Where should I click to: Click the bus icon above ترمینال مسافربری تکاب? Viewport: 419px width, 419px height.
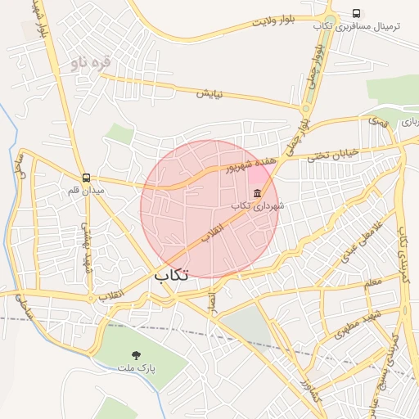[x=356, y=13]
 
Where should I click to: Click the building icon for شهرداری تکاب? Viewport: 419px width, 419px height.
[x=258, y=194]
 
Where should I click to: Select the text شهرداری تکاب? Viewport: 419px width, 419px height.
[x=258, y=206]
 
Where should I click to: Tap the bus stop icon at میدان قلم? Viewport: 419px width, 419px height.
[x=86, y=178]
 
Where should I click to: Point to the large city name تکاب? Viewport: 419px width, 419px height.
[x=171, y=276]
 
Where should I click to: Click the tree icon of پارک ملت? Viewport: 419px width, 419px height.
[x=136, y=355]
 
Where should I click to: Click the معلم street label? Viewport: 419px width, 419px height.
[x=372, y=282]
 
